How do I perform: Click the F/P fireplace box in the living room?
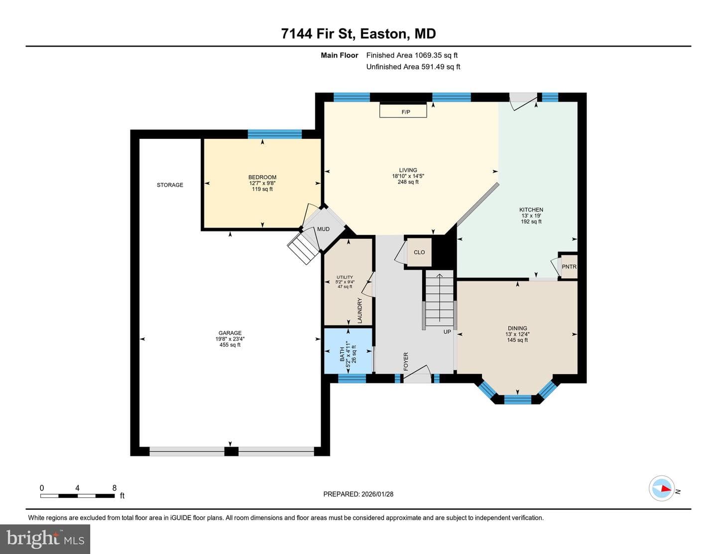(x=403, y=111)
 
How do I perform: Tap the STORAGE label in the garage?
(x=170, y=185)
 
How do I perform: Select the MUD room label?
(x=323, y=229)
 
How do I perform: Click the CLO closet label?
(x=419, y=252)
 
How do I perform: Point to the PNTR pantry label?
(x=569, y=266)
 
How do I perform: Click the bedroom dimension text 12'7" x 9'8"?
(x=262, y=183)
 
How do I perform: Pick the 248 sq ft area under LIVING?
(x=408, y=182)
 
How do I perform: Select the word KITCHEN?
(x=531, y=210)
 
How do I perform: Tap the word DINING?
(x=517, y=328)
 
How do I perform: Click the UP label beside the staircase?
(x=447, y=332)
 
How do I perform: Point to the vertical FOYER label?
(x=406, y=361)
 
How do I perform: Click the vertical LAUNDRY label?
(x=359, y=310)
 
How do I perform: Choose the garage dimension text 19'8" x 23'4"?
(x=230, y=338)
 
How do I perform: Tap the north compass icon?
(x=662, y=488)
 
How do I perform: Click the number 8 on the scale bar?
(x=115, y=488)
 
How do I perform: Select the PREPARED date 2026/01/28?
(x=377, y=494)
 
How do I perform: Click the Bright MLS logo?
(x=45, y=539)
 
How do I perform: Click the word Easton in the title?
(x=383, y=34)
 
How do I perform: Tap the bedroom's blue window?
(x=274, y=134)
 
